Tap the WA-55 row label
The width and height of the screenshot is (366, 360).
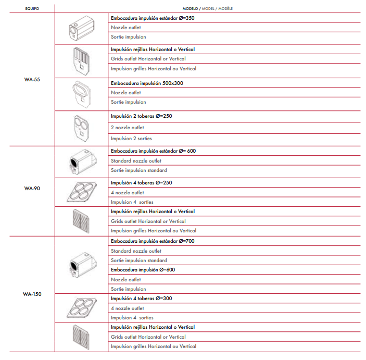[32, 80]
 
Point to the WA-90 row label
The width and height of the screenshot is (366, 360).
[32, 188]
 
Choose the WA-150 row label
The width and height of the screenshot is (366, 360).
[32, 294]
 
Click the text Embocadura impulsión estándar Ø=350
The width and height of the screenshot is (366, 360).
[153, 18]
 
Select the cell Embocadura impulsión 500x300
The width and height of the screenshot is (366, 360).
[147, 83]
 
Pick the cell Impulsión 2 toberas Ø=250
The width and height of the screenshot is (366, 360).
[141, 116]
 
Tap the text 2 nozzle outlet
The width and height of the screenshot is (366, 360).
[128, 128]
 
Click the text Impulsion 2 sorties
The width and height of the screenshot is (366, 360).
[131, 139]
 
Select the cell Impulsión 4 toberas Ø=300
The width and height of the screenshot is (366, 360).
[141, 299]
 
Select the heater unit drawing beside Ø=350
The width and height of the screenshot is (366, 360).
[81, 29]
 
